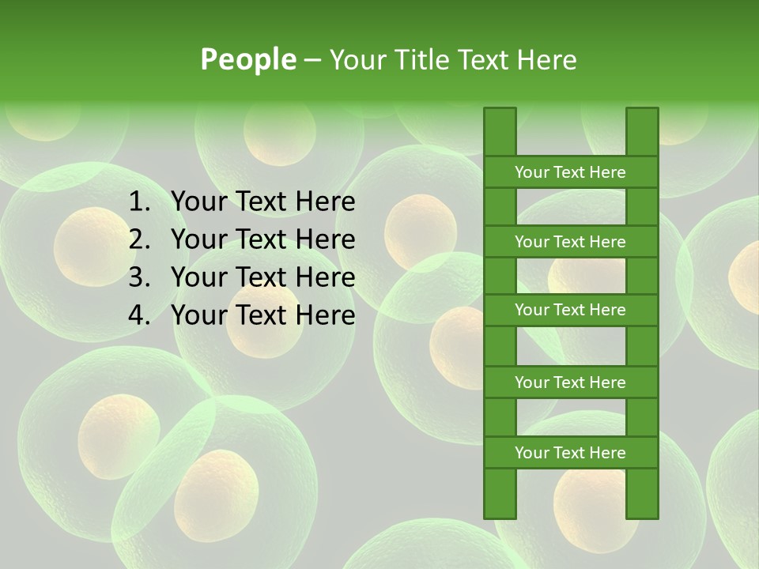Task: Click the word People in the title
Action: tap(248, 59)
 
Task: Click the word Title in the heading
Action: tap(425, 59)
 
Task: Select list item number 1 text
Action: tap(262, 202)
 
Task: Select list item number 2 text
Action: tap(262, 239)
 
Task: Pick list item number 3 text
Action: tap(262, 277)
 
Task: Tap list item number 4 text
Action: tap(262, 315)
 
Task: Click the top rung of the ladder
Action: tap(570, 172)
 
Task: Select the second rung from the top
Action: tap(570, 242)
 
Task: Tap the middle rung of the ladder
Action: tap(570, 311)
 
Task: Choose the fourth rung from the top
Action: tap(570, 382)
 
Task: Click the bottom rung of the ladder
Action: tap(570, 453)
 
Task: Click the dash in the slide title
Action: tap(312, 60)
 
